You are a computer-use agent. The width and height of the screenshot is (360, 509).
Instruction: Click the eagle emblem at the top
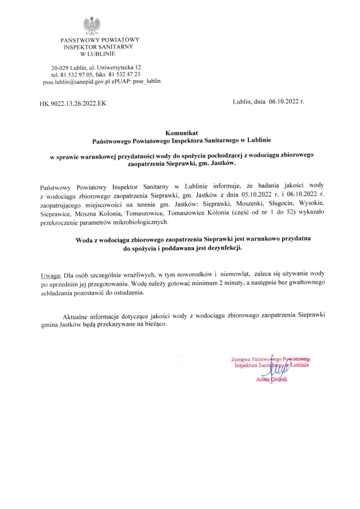[92, 26]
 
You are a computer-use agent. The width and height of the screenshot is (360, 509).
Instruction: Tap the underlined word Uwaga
[51, 274]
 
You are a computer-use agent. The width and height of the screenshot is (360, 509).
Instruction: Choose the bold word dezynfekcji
[223, 248]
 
